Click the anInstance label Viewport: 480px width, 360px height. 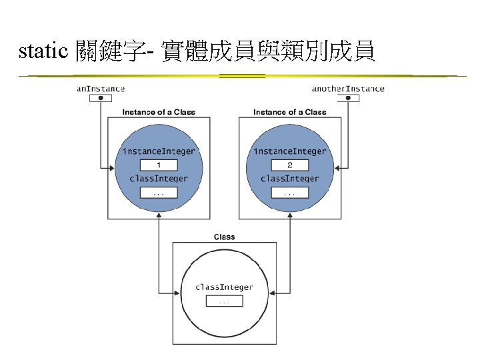101,89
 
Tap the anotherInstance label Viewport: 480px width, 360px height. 348,89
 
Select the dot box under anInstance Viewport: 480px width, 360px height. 101,98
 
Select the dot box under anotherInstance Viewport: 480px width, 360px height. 348,98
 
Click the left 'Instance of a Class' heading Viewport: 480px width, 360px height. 159,112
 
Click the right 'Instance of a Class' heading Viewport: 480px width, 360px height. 290,112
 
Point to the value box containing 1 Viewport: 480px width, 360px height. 159,165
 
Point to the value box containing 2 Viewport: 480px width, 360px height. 290,165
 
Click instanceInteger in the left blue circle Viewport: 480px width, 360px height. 159,151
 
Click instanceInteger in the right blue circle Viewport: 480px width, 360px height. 290,151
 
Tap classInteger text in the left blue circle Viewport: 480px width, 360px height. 159,179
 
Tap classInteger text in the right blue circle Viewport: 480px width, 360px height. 290,179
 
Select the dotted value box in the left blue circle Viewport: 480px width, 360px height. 159,192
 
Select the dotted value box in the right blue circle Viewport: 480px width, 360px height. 290,192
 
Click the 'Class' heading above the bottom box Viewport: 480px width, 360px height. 224,237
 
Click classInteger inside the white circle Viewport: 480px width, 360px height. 224,287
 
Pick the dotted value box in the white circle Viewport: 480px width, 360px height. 224,301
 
